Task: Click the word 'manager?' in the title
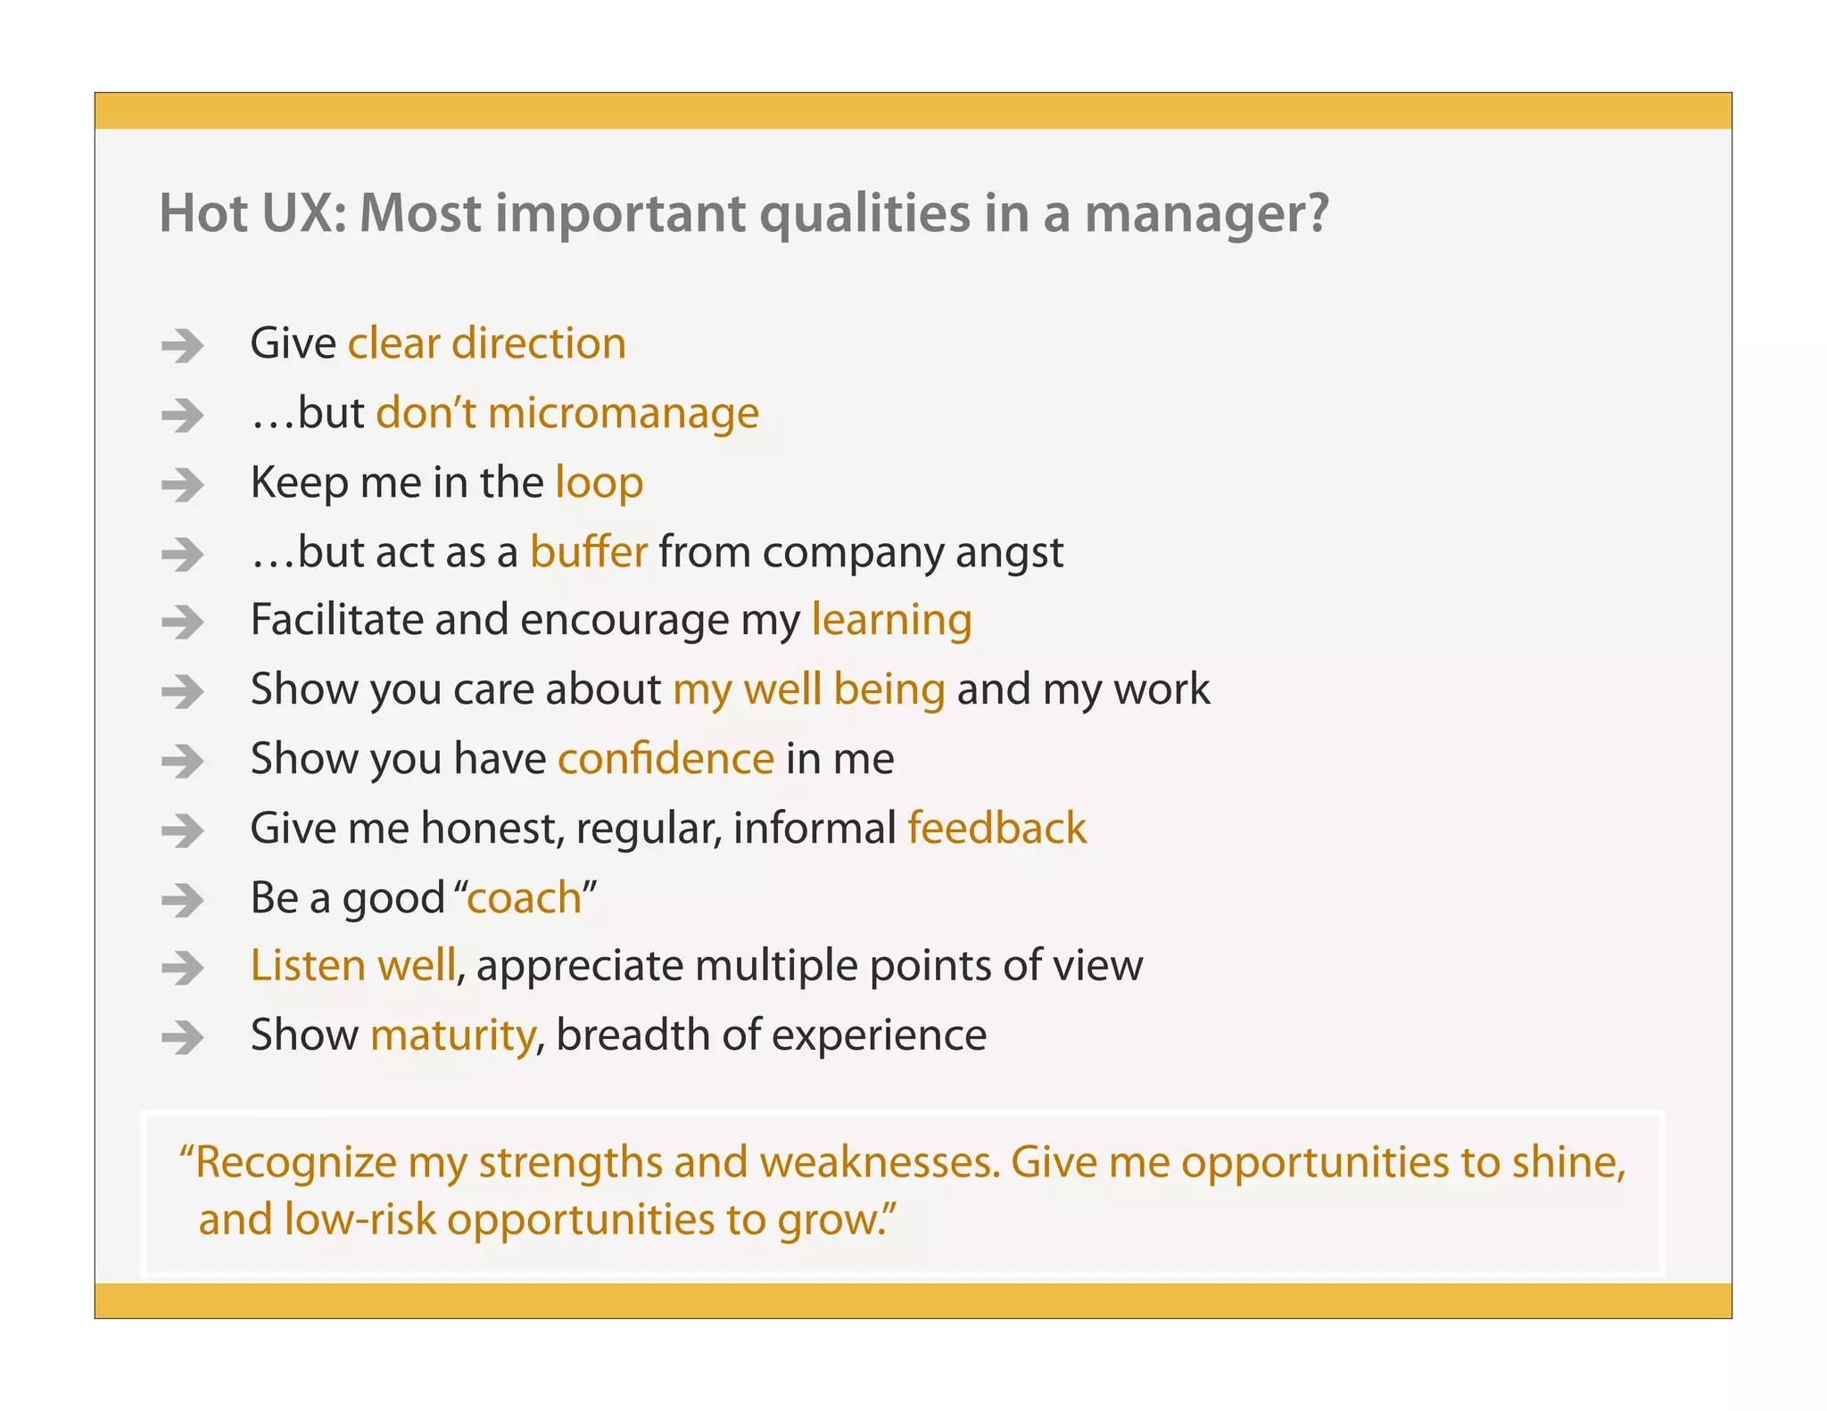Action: click(1206, 214)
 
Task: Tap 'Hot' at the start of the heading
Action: click(203, 214)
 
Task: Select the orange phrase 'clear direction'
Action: click(486, 343)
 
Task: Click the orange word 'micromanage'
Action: click(623, 413)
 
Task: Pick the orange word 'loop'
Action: click(599, 483)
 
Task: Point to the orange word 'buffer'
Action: click(588, 551)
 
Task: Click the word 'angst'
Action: click(1010, 553)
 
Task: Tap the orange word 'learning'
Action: click(891, 620)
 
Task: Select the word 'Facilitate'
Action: click(336, 620)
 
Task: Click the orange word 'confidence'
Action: click(665, 759)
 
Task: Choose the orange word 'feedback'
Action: click(996, 829)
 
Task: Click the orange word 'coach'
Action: click(524, 898)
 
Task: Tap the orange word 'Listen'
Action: click(307, 966)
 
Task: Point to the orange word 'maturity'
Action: click(453, 1036)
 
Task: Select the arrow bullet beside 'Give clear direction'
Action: click(183, 345)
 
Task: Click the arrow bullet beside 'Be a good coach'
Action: click(183, 900)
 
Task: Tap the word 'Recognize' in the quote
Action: click(295, 1162)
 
